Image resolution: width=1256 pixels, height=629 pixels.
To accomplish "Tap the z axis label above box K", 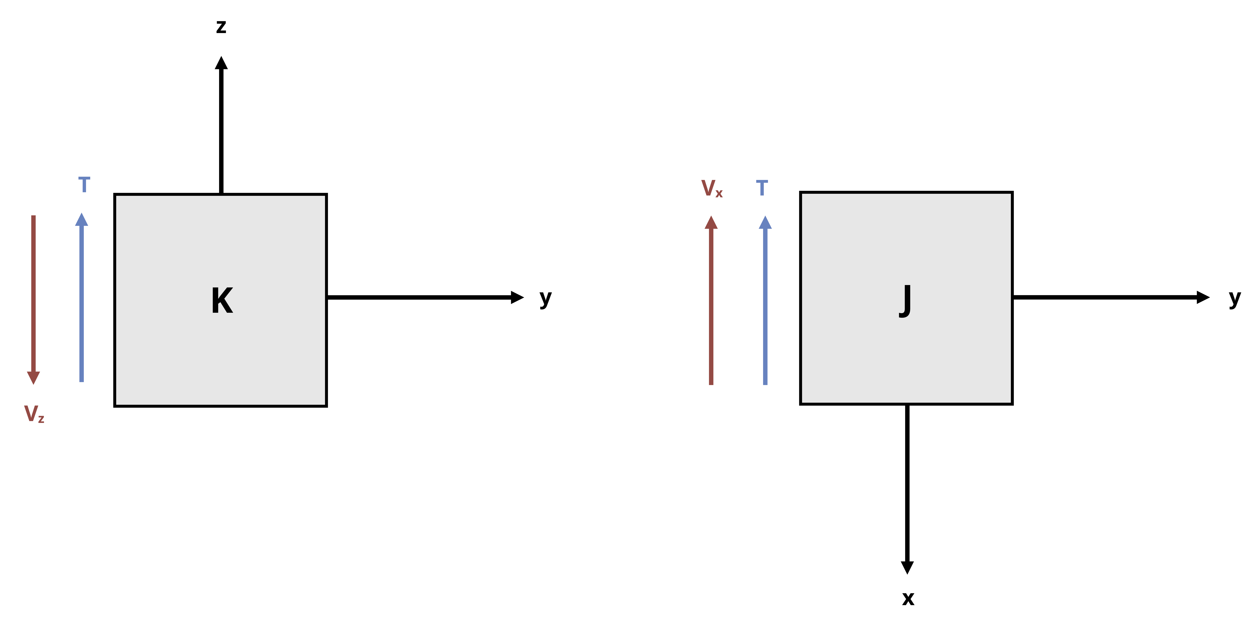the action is tap(221, 26).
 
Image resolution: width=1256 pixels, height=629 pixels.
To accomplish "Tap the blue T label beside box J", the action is tap(762, 188).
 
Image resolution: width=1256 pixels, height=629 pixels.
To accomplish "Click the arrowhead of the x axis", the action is tap(907, 568).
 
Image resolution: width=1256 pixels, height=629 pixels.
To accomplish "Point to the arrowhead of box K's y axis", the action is tap(517, 297).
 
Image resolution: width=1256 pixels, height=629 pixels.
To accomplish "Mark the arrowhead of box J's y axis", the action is tap(1203, 297).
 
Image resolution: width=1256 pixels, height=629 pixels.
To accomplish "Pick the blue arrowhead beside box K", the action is tap(81, 220).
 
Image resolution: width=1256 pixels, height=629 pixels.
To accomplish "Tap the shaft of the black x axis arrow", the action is tap(907, 483).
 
